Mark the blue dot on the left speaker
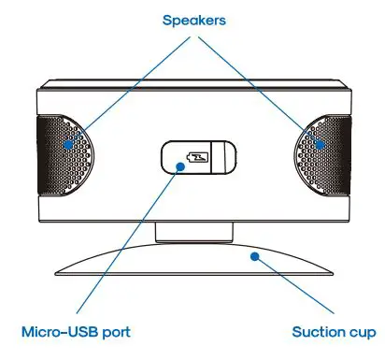[x=67, y=145]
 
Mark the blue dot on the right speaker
[x=319, y=145]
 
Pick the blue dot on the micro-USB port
[x=179, y=166]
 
